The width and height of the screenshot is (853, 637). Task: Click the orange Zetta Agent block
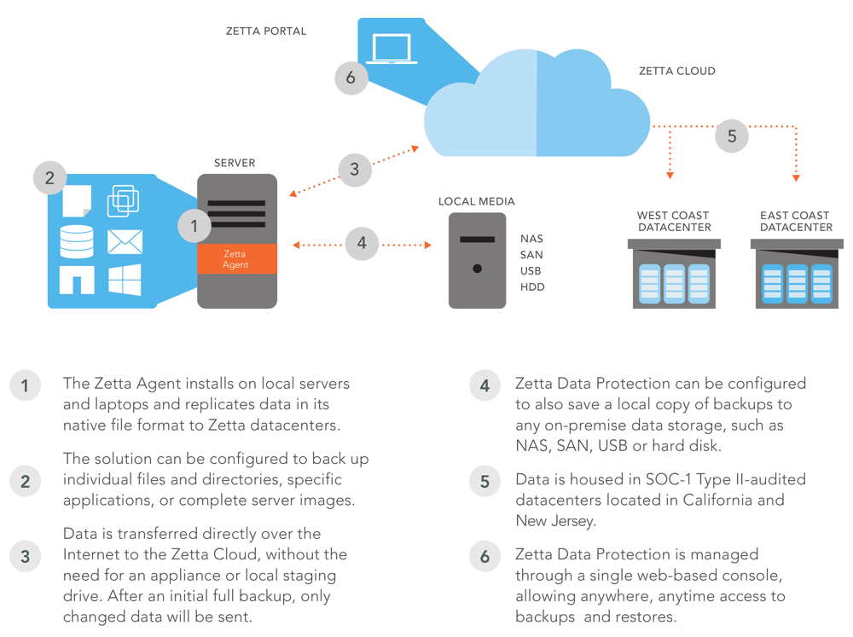(237, 259)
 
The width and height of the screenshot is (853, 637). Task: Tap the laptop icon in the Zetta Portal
(392, 49)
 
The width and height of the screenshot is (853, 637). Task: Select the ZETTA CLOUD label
(676, 71)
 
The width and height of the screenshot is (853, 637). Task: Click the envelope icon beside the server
(125, 241)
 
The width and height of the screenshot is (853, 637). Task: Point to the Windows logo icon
(125, 280)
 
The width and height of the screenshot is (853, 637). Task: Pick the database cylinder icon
(76, 241)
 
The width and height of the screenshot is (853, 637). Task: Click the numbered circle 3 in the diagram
(355, 169)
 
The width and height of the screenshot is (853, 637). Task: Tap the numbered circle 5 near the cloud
(732, 136)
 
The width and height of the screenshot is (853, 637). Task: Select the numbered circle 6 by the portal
(351, 78)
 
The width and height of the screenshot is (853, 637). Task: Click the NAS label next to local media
(531, 239)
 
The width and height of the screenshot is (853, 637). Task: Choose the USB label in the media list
(531, 271)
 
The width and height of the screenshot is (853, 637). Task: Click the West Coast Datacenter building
(674, 274)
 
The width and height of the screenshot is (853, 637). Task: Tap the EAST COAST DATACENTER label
(796, 222)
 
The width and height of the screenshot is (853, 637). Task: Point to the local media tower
(477, 261)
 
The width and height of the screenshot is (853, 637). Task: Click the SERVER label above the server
(235, 163)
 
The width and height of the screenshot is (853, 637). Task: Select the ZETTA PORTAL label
(266, 31)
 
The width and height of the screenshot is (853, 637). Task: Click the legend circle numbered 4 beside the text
(485, 385)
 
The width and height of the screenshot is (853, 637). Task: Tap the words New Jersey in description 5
(554, 521)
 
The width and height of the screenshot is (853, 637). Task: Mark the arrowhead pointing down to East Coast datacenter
(796, 178)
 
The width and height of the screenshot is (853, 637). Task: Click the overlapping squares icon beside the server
(123, 200)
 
